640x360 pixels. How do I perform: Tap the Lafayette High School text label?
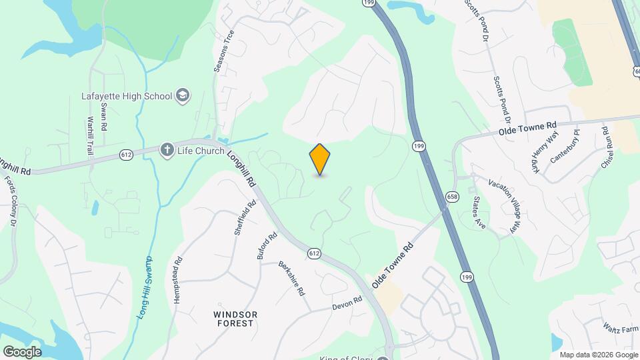click(x=127, y=96)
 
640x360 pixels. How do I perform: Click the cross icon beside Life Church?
click(x=167, y=150)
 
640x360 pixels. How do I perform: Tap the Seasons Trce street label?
click(x=224, y=51)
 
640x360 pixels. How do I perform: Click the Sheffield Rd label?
click(x=244, y=219)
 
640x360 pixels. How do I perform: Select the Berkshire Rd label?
click(x=291, y=278)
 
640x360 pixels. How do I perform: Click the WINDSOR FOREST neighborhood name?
click(x=235, y=319)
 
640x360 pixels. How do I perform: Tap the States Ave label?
click(x=479, y=212)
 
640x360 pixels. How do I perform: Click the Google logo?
click(x=22, y=351)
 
